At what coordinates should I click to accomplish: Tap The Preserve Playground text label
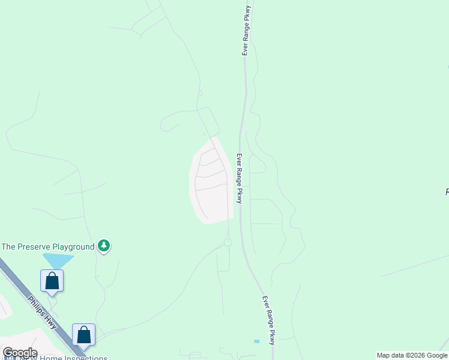point(48,247)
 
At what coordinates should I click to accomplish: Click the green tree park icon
point(104,246)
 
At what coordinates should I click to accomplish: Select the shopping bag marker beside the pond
point(52,281)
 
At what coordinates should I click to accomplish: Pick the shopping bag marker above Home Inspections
point(83,335)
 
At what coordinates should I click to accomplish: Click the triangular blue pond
point(58,260)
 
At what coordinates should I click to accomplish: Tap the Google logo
point(20,353)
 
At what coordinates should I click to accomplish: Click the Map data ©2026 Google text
point(412,355)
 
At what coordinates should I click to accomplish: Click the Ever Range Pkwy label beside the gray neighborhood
point(239,179)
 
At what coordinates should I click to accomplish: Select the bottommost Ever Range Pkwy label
point(268,320)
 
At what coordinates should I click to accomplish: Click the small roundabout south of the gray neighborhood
point(228,242)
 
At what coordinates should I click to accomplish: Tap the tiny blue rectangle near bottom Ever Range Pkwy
point(257,341)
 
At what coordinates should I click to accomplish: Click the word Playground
point(73,247)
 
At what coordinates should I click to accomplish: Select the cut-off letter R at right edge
point(447,192)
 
